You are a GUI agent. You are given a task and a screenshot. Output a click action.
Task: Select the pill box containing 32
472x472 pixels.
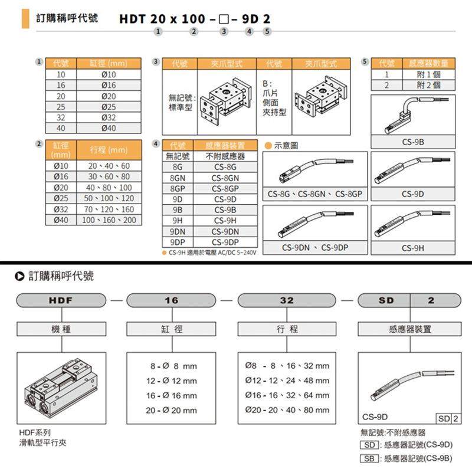pyautogui.click(x=287, y=300)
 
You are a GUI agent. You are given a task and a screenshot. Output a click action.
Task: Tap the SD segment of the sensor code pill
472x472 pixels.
pyautogui.click(x=386, y=300)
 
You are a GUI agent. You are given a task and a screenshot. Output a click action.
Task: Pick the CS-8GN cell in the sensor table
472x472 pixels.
pyautogui.click(x=225, y=178)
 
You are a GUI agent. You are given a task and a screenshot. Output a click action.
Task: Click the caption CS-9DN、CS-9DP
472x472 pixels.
pyautogui.click(x=313, y=248)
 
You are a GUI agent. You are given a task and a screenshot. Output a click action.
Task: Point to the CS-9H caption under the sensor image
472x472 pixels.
pyautogui.click(x=413, y=248)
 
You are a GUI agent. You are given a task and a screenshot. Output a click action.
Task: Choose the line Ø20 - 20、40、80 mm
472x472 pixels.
pyautogui.click(x=287, y=410)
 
